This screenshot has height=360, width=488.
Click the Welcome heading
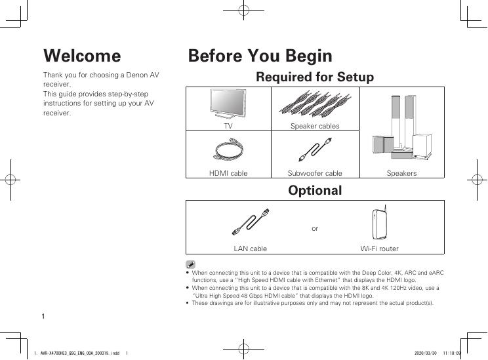point(82,56)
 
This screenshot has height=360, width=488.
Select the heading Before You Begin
point(260,56)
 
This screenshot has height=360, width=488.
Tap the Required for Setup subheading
point(314,77)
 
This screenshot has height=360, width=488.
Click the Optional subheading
point(315,191)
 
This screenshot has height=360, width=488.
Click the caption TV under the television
point(228,125)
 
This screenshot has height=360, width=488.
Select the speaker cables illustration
point(315,104)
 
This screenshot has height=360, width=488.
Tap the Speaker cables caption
point(315,125)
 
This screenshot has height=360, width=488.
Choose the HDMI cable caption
point(228,173)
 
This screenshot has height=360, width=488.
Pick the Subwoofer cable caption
point(315,173)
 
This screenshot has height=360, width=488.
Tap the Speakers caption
point(401,173)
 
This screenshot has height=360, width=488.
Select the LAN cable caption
point(251,249)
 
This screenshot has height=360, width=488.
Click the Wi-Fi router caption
point(379,249)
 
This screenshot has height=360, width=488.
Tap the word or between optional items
point(315,228)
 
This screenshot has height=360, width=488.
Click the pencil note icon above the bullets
point(190,264)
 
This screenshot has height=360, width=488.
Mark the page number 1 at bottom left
point(43,317)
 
